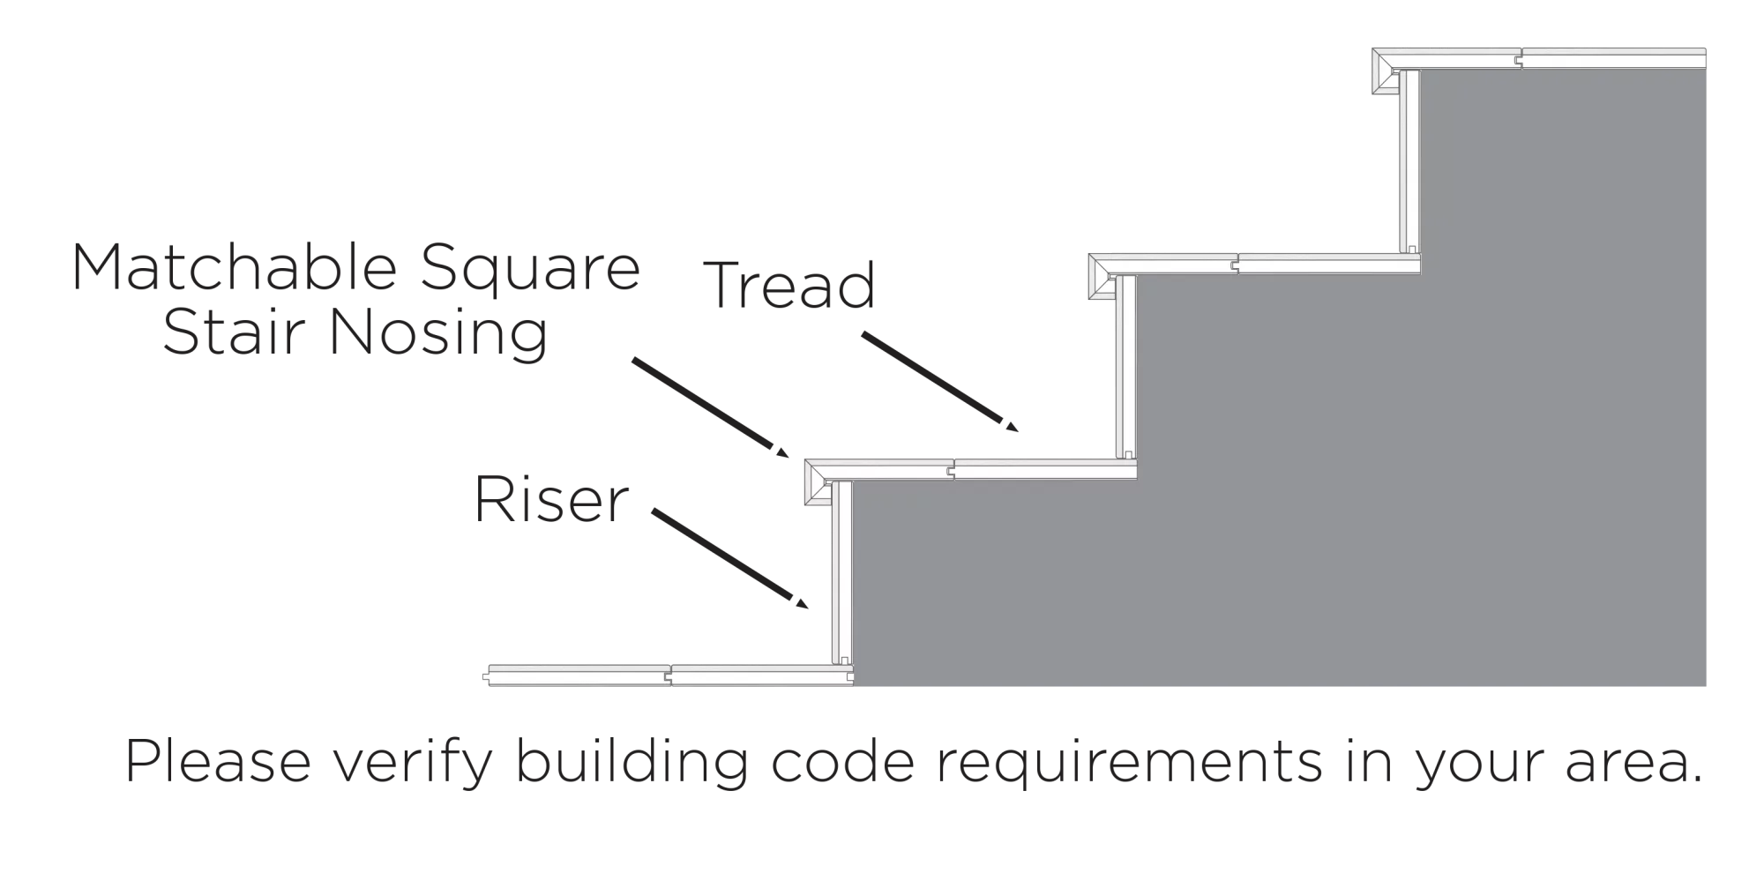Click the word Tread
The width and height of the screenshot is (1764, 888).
(x=789, y=285)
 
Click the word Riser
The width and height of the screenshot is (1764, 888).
(x=549, y=499)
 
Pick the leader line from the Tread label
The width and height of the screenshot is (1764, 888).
(x=938, y=383)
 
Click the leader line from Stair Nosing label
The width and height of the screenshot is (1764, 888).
(x=708, y=406)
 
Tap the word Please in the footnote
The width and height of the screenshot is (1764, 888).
(x=218, y=763)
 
